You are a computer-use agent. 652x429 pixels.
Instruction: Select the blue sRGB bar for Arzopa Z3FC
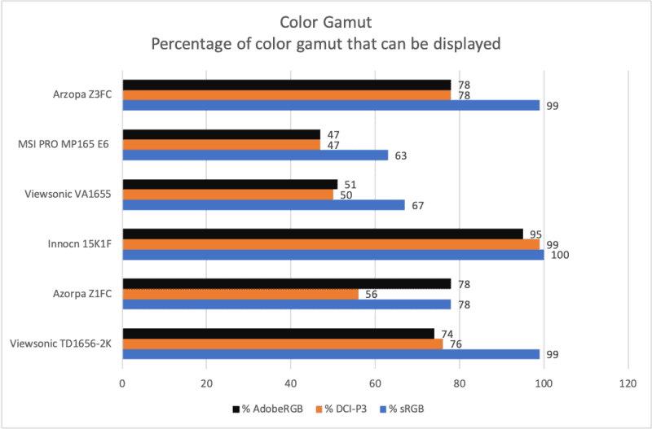click(331, 105)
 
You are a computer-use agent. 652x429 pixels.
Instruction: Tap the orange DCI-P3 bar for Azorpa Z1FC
click(240, 295)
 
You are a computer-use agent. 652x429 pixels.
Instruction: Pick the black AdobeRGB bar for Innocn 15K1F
click(322, 234)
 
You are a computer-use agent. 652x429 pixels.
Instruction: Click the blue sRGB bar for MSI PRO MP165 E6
click(254, 155)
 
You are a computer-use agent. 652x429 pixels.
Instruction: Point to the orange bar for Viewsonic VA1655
click(227, 195)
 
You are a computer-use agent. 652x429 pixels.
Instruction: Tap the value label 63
click(399, 155)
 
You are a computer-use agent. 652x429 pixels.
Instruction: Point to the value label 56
click(370, 295)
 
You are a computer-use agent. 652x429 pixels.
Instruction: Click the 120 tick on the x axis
click(627, 382)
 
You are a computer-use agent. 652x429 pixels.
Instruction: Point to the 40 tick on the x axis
click(290, 382)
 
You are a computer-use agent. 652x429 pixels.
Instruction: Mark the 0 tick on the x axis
click(122, 382)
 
